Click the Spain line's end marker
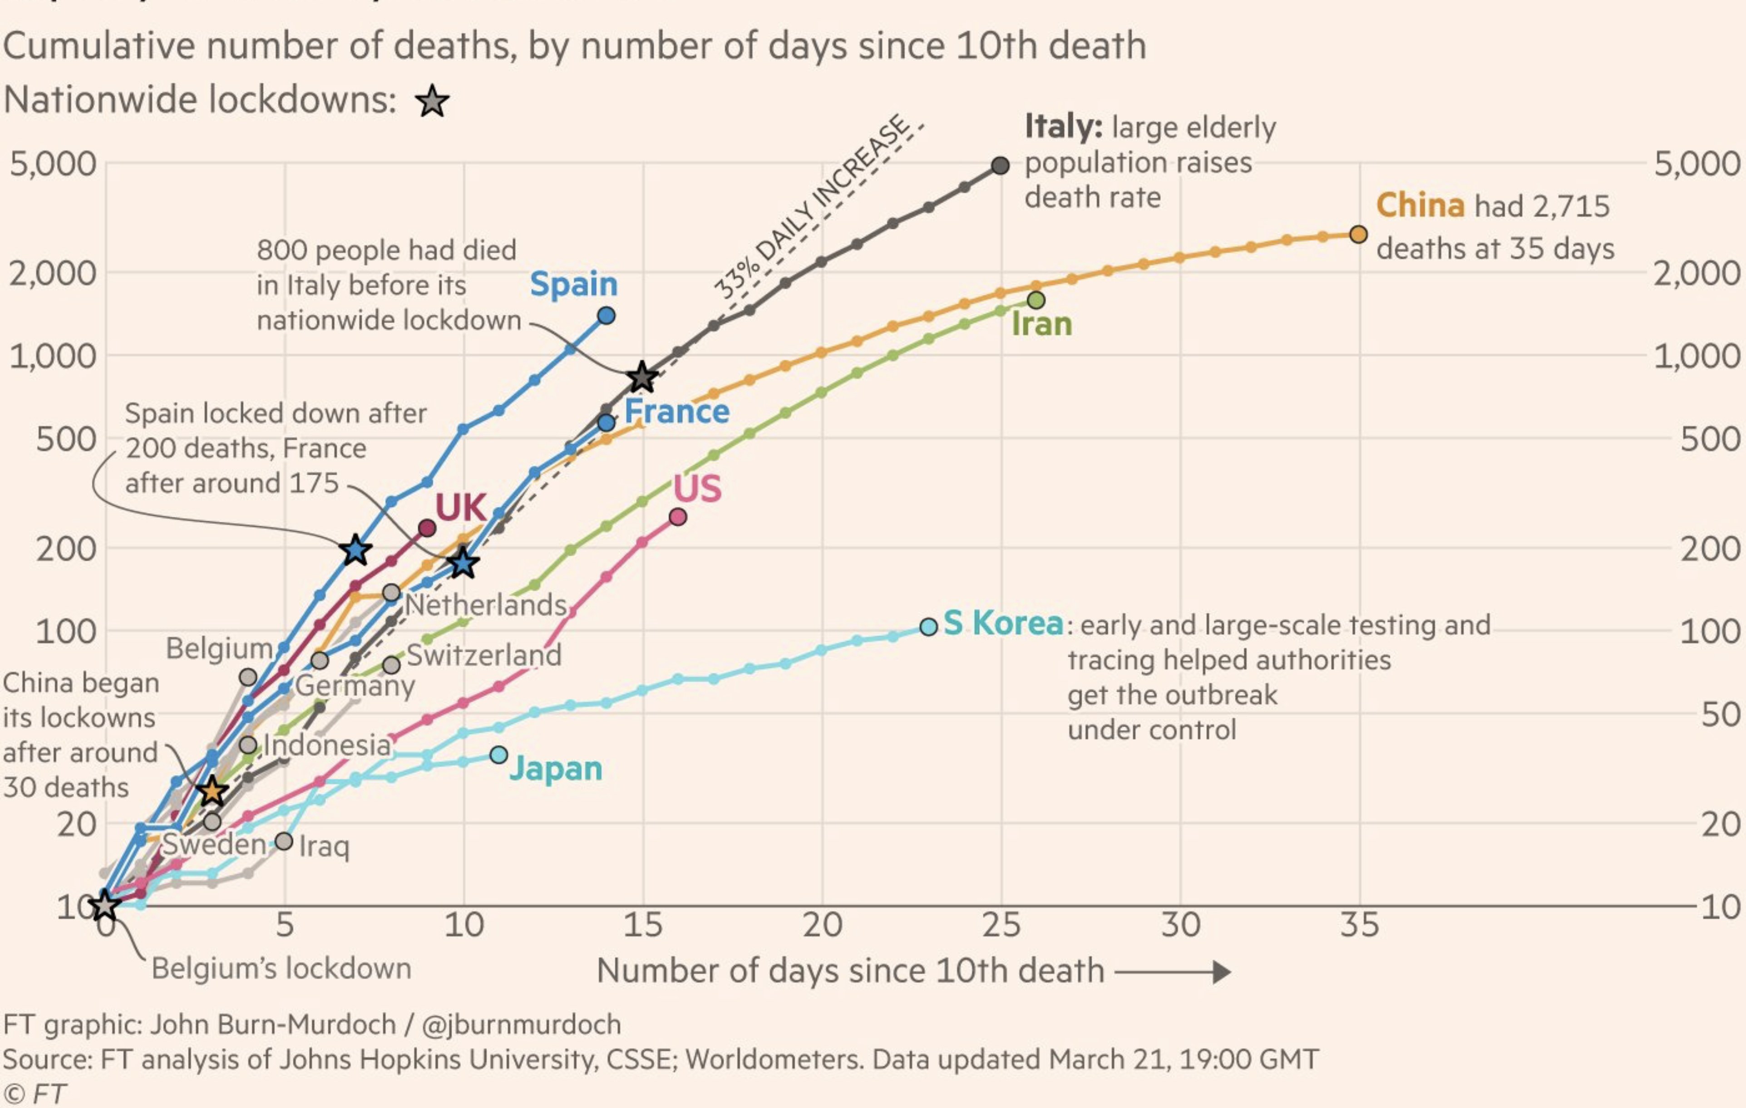pos(607,315)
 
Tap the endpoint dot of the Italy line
pos(1000,165)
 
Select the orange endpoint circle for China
pos(1359,234)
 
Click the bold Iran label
pos(1041,324)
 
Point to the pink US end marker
pos(678,517)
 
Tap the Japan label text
pos(555,769)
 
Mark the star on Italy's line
pos(642,377)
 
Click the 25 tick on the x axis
pos(1001,926)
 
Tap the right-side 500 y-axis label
pos(1709,440)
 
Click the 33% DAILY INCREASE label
pos(811,208)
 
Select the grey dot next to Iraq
pos(284,841)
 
